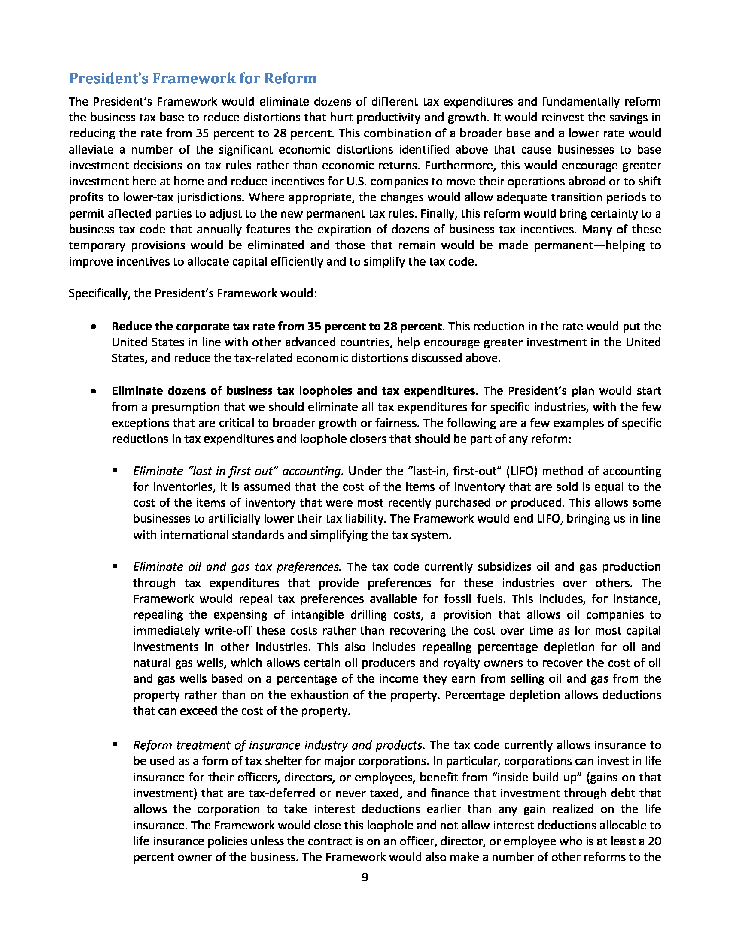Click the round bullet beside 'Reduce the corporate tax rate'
coord(93,327)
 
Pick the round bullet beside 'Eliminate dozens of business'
coord(93,392)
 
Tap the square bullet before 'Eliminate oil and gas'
coord(115,566)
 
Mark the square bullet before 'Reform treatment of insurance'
coord(115,744)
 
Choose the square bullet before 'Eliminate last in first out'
coord(115,470)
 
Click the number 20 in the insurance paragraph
coord(654,841)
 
